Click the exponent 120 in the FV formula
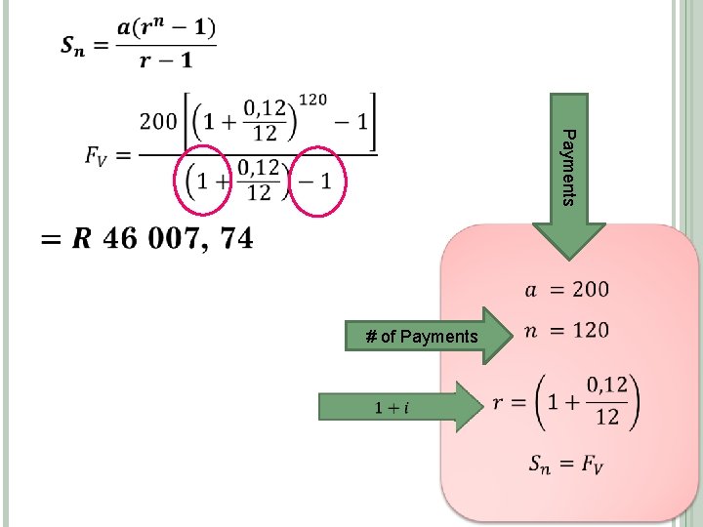312,100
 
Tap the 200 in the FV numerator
158,122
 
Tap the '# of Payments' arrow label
422,338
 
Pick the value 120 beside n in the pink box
591,330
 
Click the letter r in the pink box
499,404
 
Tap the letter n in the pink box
531,331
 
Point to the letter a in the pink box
531,290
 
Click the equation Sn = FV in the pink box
565,465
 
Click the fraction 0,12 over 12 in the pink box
607,401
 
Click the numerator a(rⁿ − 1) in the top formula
167,27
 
